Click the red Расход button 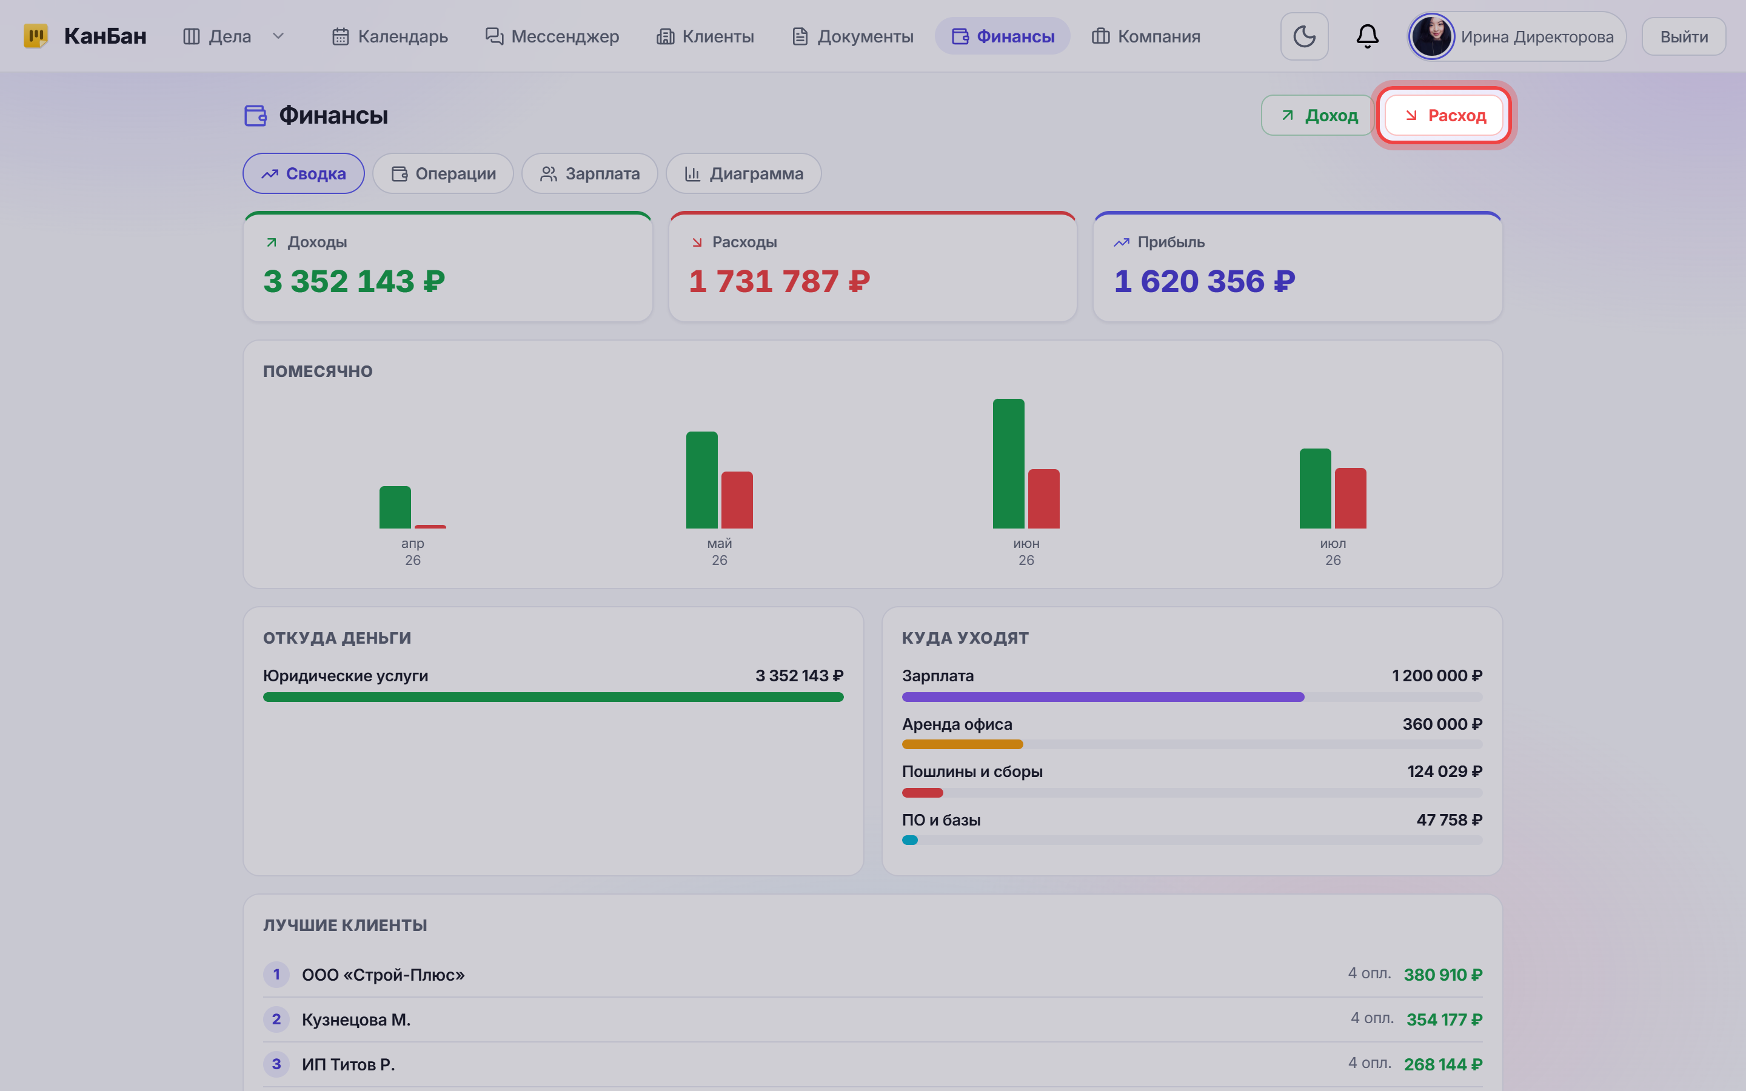1443,115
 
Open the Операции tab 443,174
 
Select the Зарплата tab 589,174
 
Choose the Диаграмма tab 744,174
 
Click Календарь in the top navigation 390,36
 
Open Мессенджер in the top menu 552,36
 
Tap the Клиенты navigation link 705,36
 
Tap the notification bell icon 1367,36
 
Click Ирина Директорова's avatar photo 1431,36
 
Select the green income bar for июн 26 1009,464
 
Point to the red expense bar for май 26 737,500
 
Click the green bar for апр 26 395,507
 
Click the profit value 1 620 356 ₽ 1205,281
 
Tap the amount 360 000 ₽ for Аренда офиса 1442,724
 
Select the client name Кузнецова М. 356,1019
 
